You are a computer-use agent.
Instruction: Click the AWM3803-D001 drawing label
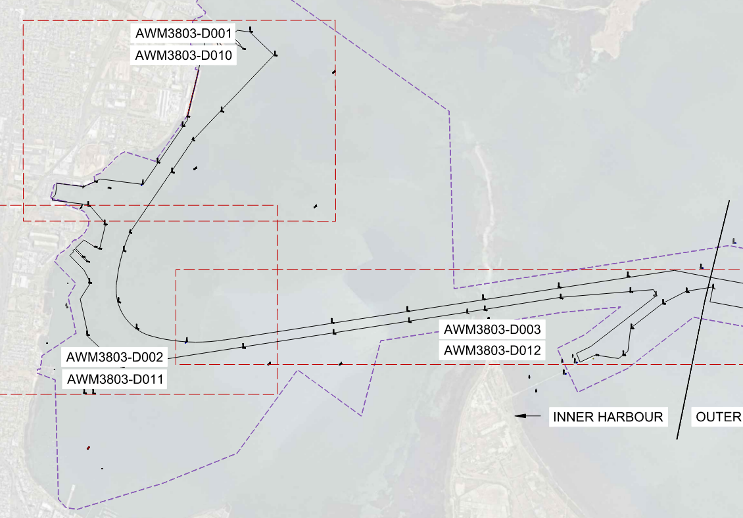183,33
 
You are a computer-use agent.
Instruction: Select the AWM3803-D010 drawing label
183,55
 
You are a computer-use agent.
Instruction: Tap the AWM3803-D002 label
115,358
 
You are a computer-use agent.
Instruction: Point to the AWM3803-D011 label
115,379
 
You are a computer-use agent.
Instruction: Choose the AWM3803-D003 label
492,329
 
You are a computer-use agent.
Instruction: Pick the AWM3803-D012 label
492,350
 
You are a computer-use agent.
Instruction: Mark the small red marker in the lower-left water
88,448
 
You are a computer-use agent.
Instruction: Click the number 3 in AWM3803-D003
535,329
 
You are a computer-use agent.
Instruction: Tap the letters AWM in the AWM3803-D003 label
458,329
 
